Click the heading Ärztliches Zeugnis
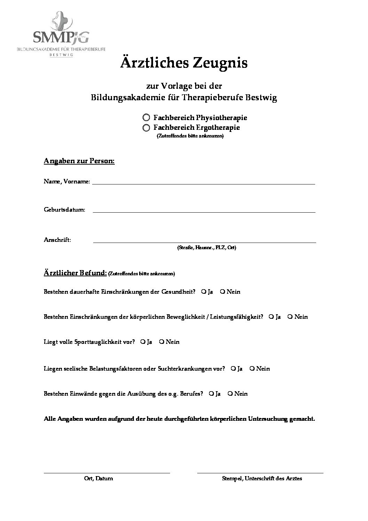pyautogui.click(x=184, y=63)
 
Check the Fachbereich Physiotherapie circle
pyautogui.click(x=146, y=118)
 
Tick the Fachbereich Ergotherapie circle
pyautogui.click(x=146, y=128)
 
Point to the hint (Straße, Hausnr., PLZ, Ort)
pyautogui.click(x=207, y=248)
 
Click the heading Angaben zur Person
pyautogui.click(x=79, y=161)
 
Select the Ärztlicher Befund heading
pyautogui.click(x=75, y=273)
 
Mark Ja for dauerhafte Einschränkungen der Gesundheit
pyautogui.click(x=203, y=292)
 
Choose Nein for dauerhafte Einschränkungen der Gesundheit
pyautogui.click(x=222, y=292)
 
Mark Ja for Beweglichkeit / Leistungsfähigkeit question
pyautogui.click(x=271, y=317)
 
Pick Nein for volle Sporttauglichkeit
pyautogui.click(x=161, y=342)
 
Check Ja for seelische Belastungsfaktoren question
pyautogui.click(x=233, y=369)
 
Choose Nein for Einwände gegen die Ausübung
pyautogui.click(x=230, y=394)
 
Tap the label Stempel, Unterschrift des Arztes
pyautogui.click(x=262, y=479)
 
